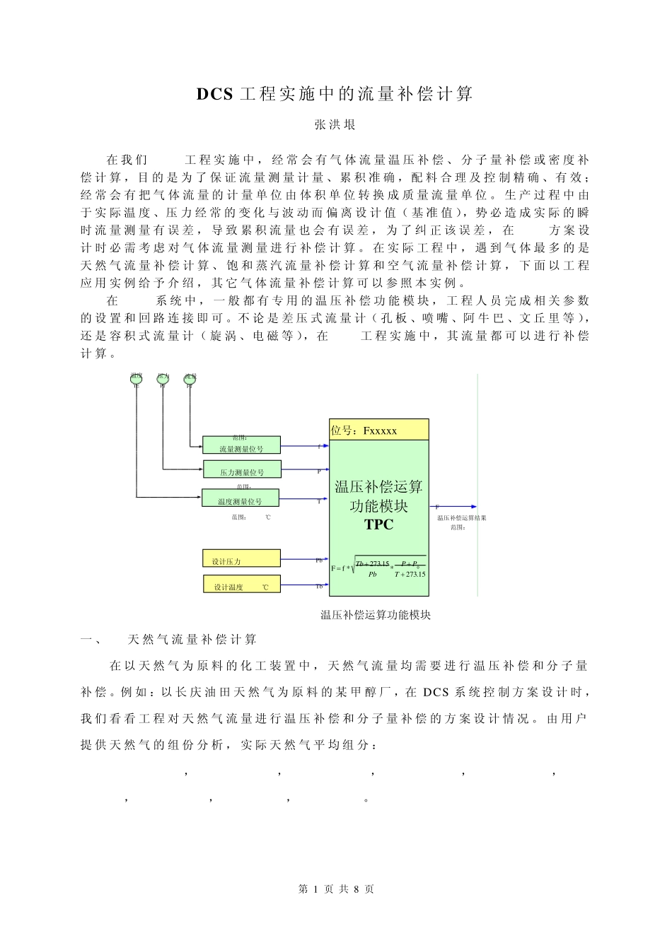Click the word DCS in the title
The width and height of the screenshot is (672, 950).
tap(214, 94)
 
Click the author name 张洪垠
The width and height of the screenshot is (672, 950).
tap(335, 125)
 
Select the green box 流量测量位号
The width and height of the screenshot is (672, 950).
tap(241, 445)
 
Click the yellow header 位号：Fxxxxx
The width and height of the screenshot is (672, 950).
tap(378, 430)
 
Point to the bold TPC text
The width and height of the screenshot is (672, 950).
tap(378, 524)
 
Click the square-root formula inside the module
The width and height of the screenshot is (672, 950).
tap(380, 568)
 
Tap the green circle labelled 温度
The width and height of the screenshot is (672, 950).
tap(137, 379)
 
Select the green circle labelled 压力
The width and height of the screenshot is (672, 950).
tap(163, 379)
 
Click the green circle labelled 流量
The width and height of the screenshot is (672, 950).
tap(190, 379)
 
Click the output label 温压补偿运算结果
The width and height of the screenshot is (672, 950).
tap(461, 518)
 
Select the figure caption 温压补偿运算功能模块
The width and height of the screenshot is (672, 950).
tap(376, 615)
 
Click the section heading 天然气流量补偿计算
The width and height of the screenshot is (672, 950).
tap(192, 640)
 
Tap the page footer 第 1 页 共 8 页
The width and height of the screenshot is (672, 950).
tap(336, 889)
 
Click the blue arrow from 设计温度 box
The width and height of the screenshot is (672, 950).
tap(304, 585)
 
